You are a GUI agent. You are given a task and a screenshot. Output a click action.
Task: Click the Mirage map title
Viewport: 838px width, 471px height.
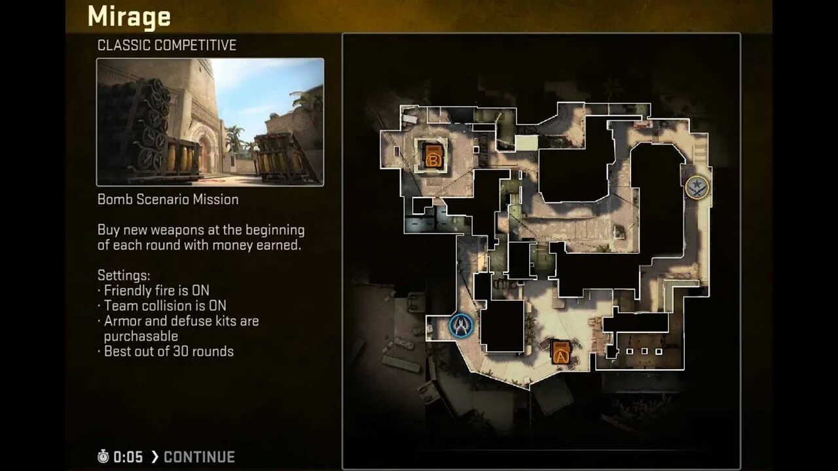pos(129,16)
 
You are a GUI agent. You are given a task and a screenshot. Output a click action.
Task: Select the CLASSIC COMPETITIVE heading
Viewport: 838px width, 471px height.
pos(166,45)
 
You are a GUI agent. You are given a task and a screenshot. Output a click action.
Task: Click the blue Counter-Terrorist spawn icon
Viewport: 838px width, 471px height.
pos(462,325)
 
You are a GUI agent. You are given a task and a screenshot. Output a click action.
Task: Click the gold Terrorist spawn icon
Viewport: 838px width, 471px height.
pos(697,188)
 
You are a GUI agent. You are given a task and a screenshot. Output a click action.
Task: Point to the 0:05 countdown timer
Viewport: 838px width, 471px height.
pos(128,457)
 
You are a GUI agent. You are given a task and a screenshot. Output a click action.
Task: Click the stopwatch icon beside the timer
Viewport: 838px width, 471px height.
pos(103,457)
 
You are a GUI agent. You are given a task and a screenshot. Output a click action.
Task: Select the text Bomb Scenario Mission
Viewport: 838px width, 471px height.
pos(168,200)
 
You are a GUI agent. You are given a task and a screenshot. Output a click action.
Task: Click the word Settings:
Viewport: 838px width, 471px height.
pos(124,275)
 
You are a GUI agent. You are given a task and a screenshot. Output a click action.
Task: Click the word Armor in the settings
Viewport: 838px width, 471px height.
pos(121,321)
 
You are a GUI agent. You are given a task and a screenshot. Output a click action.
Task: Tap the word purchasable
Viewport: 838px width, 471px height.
pos(141,336)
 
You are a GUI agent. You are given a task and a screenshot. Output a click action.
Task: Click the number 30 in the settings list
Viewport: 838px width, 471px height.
pos(182,351)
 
